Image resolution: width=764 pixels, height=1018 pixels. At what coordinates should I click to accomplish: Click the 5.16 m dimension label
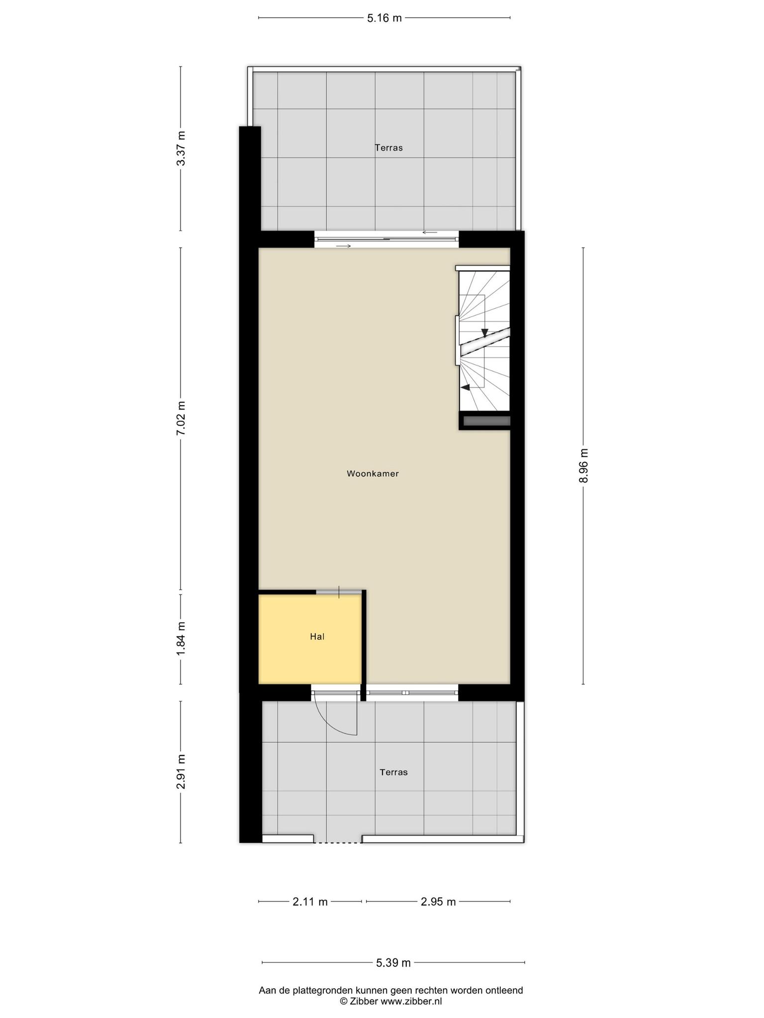[384, 18]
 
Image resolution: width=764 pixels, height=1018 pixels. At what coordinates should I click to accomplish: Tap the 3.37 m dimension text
[181, 149]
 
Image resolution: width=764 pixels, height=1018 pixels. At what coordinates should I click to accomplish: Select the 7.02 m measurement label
[181, 418]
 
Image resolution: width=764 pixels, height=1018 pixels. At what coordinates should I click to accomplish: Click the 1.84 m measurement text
[181, 638]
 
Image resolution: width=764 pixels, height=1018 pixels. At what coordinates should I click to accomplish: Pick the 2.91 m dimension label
[181, 772]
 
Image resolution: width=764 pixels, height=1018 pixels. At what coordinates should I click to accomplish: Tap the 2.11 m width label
[310, 902]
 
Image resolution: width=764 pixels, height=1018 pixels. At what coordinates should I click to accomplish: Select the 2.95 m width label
[438, 902]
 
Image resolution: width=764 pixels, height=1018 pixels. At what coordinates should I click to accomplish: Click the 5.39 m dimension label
[393, 963]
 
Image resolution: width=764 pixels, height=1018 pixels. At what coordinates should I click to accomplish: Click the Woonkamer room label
[373, 474]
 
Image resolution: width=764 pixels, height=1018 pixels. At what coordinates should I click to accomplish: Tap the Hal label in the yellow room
[317, 636]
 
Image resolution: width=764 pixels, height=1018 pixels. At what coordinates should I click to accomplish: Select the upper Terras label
[388, 148]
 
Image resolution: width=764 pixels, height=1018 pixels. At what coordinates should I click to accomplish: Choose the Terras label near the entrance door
[393, 772]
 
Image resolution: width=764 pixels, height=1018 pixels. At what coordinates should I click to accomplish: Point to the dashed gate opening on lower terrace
[338, 843]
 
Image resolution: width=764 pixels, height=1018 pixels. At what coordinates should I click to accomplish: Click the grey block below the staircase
[487, 421]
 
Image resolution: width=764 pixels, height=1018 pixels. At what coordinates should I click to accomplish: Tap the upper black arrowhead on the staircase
[484, 333]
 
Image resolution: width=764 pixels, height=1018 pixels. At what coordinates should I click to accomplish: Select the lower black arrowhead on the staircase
[466, 387]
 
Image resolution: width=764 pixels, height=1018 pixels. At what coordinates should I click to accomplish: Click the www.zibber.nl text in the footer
[411, 1001]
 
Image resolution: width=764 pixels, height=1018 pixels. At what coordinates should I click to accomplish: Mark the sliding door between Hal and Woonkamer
[339, 592]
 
